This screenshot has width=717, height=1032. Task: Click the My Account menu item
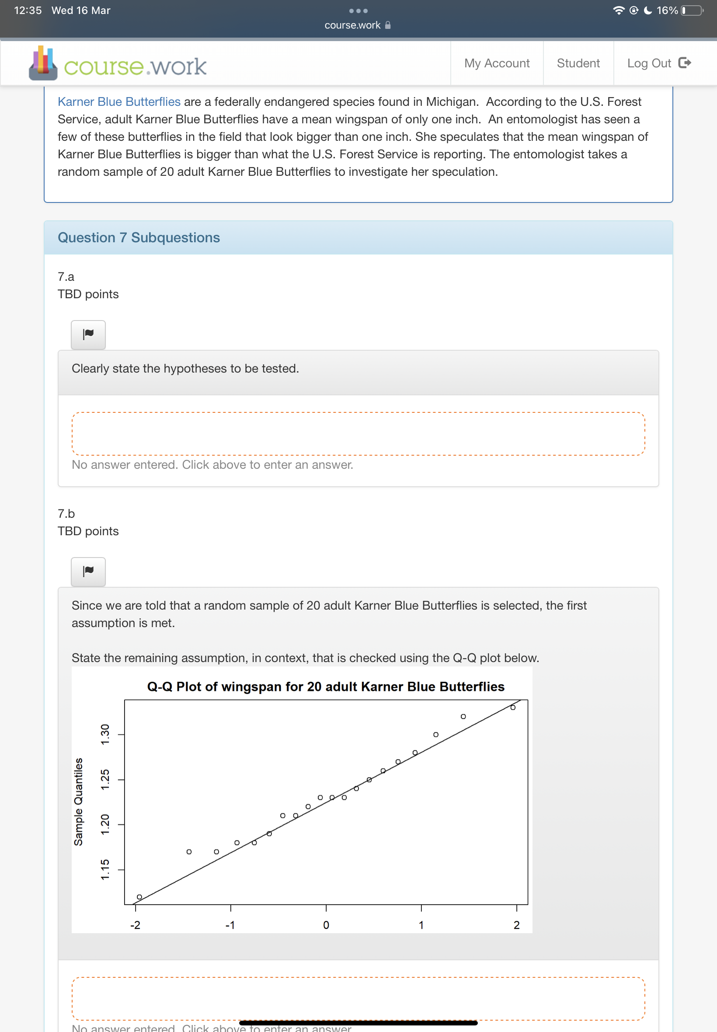496,63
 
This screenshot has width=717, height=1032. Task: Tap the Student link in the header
578,63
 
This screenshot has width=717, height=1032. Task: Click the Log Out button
658,63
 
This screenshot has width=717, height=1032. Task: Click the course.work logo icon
43,63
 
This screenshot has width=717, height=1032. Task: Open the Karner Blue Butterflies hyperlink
119,102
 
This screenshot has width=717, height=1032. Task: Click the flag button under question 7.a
88,334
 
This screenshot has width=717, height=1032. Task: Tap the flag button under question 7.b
88,571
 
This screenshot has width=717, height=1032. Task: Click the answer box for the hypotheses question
358,433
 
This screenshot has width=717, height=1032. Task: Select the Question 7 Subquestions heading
139,238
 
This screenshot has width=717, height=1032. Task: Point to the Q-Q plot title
326,687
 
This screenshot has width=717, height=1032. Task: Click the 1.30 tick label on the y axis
105,734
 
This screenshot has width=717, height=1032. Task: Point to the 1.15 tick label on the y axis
105,869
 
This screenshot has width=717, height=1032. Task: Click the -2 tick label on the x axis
135,925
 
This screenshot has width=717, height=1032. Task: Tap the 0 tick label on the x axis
326,925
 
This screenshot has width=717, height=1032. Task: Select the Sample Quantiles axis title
79,802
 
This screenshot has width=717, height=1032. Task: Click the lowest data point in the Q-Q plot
139,897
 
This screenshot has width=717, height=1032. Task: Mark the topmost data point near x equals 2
512,707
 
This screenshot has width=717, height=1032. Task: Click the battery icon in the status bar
692,10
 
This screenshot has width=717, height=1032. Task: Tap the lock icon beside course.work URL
388,25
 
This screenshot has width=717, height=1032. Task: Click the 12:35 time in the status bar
28,10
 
